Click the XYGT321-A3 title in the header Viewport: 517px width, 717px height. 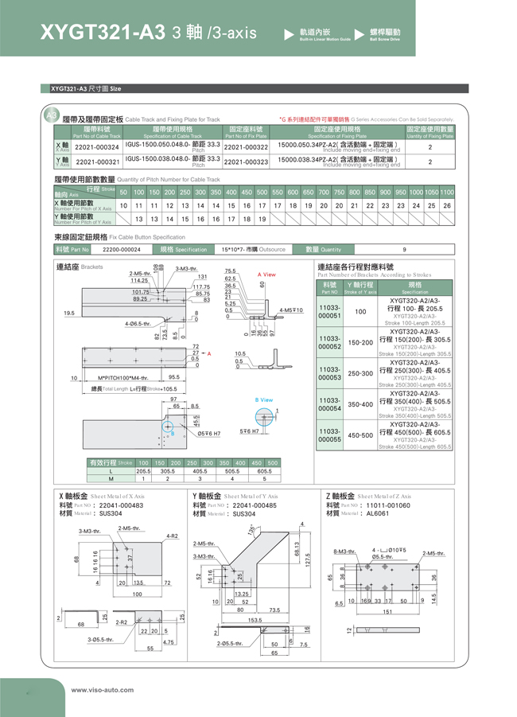[102, 32]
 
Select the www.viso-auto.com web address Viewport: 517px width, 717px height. [103, 690]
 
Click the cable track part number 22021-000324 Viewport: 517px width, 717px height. [96, 147]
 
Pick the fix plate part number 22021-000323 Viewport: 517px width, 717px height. [246, 162]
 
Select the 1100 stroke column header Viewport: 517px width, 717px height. [447, 193]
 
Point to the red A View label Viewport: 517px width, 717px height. [266, 275]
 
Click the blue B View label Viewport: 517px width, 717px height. [263, 400]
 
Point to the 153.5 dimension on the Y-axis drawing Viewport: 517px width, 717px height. [255, 619]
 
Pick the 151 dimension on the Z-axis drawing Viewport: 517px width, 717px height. [387, 612]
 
